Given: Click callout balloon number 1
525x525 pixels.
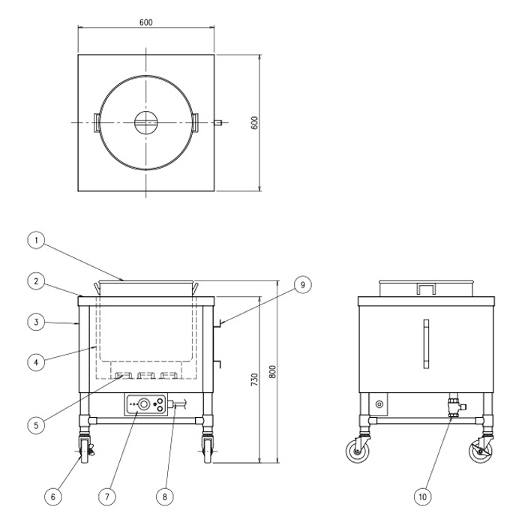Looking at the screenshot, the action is pyautogui.click(x=36, y=241).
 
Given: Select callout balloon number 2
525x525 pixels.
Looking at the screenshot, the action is pyautogui.click(x=36, y=281).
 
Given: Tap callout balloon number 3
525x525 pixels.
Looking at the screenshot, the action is pyautogui.click(x=36, y=322).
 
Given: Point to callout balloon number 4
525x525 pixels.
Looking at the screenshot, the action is pyautogui.click(x=36, y=362).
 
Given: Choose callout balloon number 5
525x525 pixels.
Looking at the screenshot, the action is pyautogui.click(x=36, y=425).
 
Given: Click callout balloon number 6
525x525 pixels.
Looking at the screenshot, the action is pyautogui.click(x=53, y=496).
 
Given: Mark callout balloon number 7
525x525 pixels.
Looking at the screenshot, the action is pyautogui.click(x=107, y=496).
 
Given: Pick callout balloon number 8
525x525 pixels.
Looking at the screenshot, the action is pyautogui.click(x=165, y=496).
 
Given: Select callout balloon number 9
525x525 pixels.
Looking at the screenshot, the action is pyautogui.click(x=303, y=284).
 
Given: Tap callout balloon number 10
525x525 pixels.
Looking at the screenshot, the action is pyautogui.click(x=422, y=496).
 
